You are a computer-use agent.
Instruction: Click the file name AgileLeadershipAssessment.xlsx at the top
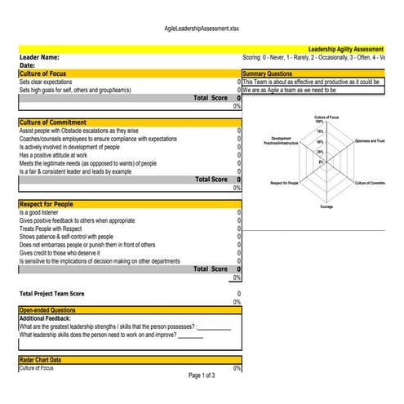pos(202,28)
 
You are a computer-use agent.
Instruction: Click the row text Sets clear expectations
pos(46,82)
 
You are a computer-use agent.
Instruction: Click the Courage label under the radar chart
pos(326,206)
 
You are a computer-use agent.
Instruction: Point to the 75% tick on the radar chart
pos(320,131)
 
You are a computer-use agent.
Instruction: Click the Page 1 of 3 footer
pos(202,375)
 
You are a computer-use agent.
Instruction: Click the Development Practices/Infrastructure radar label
pos(281,140)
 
